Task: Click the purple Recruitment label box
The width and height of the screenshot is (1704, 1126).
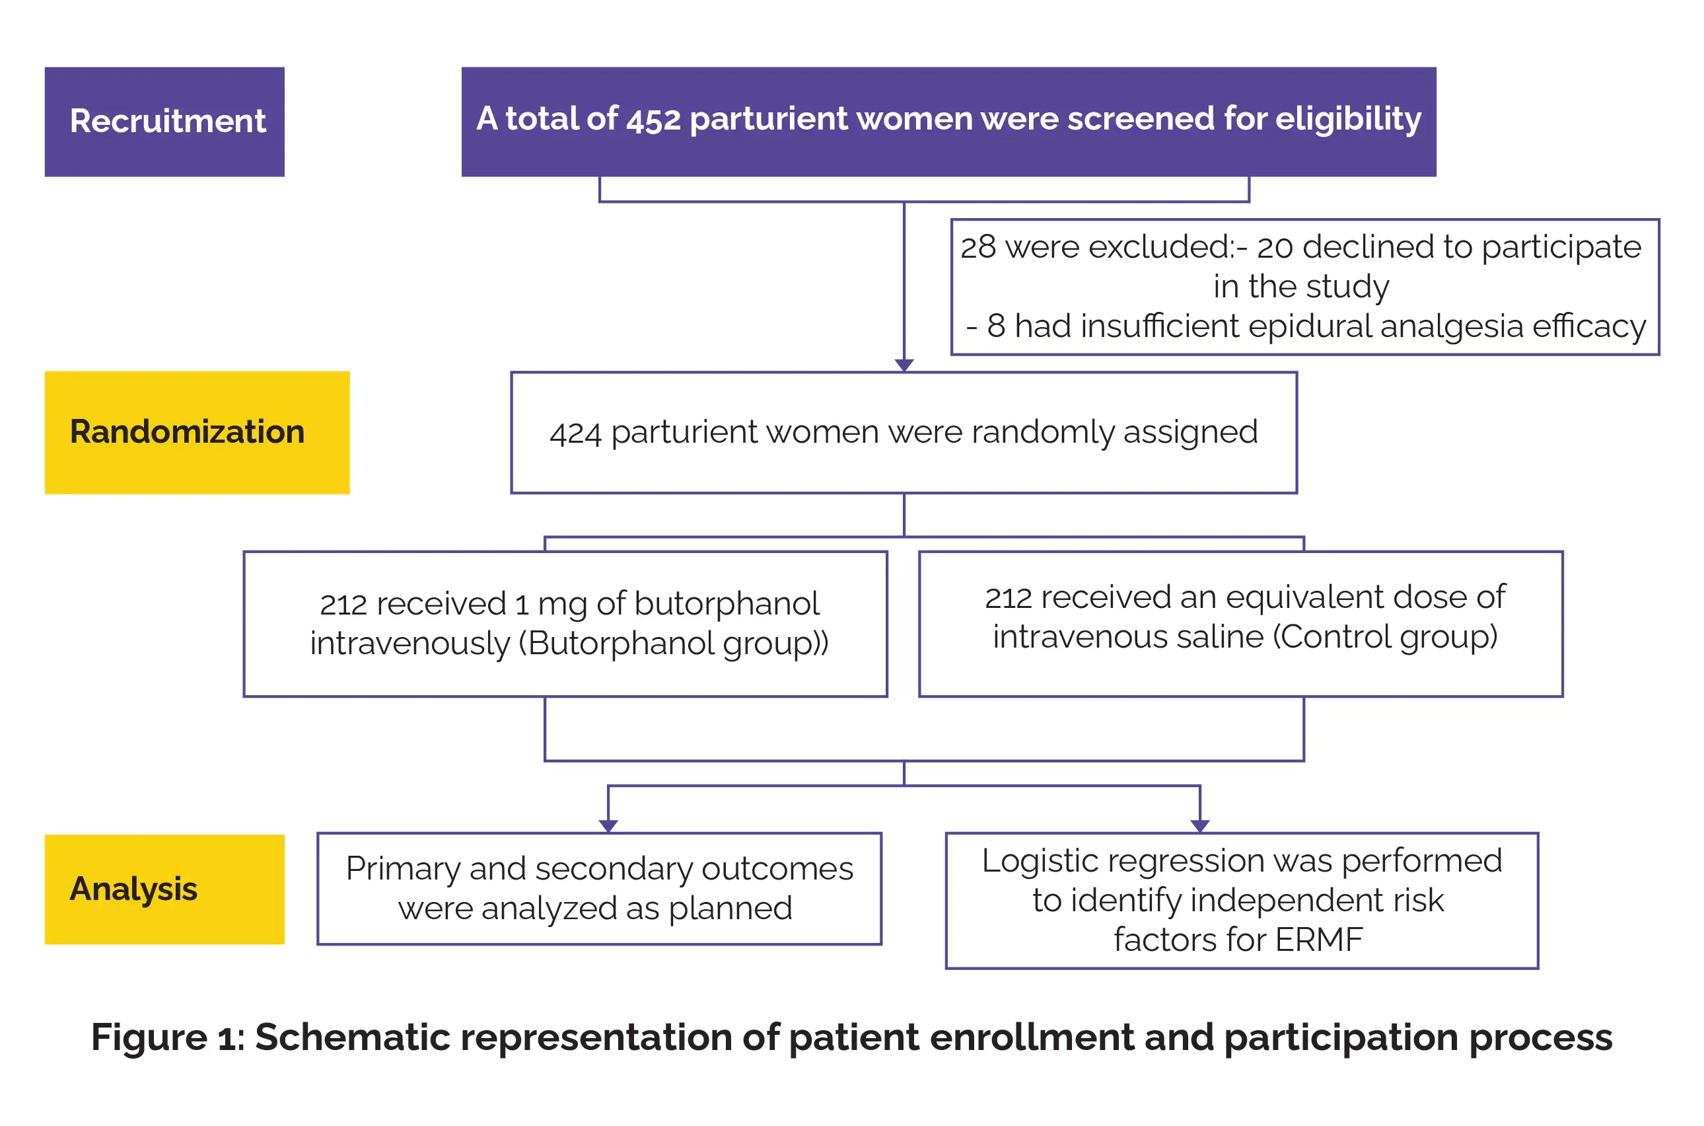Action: coord(164,122)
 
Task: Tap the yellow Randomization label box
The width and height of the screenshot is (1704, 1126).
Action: coord(197,432)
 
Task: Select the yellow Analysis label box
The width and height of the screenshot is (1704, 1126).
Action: coord(164,889)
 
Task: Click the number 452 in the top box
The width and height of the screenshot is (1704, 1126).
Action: coord(653,119)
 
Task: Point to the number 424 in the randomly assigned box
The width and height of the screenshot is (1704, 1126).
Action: coord(575,433)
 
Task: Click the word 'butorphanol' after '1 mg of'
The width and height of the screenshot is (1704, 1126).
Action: coord(727,603)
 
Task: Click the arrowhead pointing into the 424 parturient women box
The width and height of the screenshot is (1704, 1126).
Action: coord(904,365)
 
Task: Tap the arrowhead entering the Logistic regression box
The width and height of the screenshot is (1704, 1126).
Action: coord(1200,827)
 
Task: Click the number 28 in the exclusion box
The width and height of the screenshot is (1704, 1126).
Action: coord(978,247)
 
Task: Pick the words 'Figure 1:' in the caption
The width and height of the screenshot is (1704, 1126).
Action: coord(168,1037)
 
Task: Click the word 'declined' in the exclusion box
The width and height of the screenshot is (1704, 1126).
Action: coord(1367,247)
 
